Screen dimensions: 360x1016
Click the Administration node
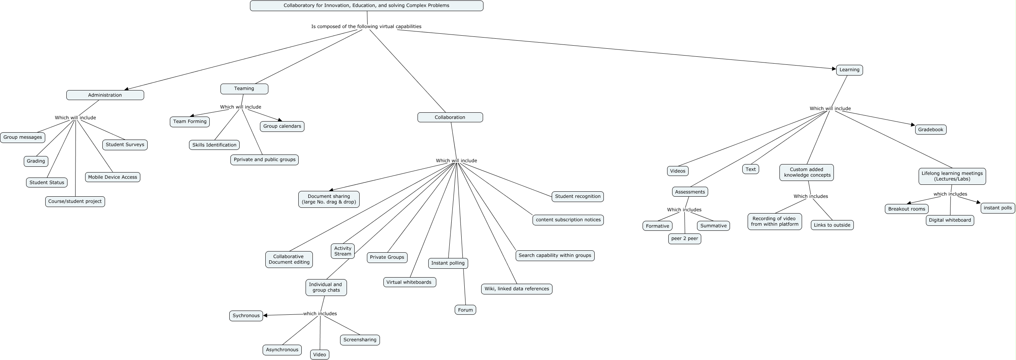(x=105, y=95)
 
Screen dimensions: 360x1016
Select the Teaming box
(x=244, y=89)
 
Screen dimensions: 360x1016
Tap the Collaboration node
(x=450, y=117)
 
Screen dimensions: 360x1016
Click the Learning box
(x=849, y=70)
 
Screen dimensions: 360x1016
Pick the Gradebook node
(x=931, y=130)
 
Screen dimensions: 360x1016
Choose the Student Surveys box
(x=125, y=145)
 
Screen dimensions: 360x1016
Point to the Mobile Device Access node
(x=112, y=178)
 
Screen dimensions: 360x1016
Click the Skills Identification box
(x=214, y=145)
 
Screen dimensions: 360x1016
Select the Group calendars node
(x=282, y=127)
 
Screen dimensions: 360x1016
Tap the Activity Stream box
(x=343, y=251)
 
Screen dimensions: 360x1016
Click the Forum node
(x=465, y=310)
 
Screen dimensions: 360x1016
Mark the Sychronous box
(x=246, y=316)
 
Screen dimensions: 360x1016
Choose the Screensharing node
(x=360, y=340)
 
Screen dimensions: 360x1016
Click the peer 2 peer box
(x=685, y=238)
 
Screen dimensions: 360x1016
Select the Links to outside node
(x=832, y=225)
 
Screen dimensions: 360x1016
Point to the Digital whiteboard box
(x=950, y=220)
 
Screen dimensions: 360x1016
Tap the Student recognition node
(x=577, y=196)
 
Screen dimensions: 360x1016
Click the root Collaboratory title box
(x=367, y=5)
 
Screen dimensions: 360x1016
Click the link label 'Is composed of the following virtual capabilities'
(x=367, y=26)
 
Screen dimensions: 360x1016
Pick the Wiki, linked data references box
(x=517, y=289)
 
